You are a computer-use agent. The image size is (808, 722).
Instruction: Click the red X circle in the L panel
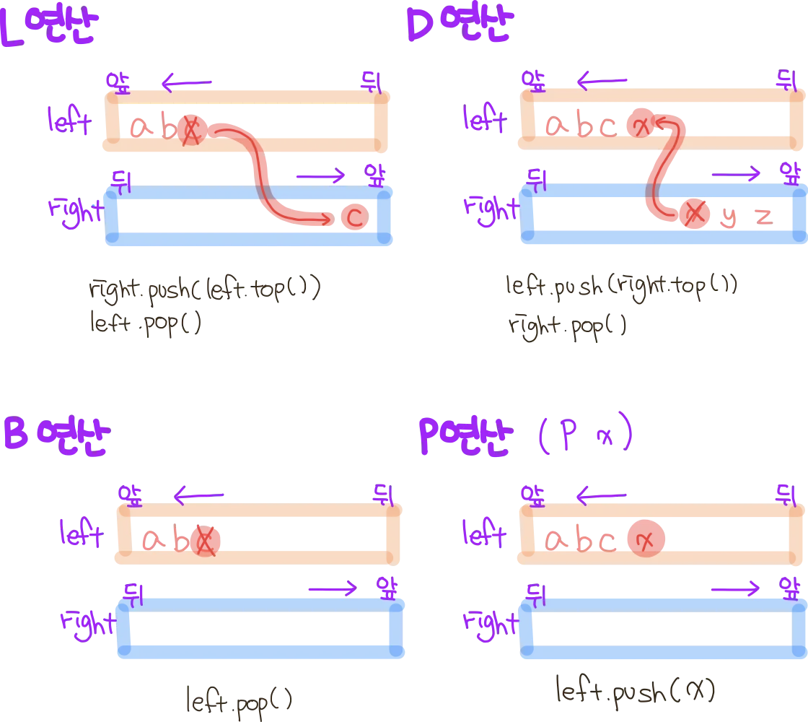tap(191, 130)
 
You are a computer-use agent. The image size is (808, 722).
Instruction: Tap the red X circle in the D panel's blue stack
tap(693, 212)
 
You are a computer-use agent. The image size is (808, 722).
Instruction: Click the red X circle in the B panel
tap(207, 539)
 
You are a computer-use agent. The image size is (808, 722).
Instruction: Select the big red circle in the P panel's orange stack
tap(645, 539)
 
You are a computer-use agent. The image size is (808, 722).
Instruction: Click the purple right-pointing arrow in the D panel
tap(735, 173)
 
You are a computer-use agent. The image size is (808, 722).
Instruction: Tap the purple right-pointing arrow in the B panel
tap(332, 589)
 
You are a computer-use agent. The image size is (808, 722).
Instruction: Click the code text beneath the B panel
tap(238, 698)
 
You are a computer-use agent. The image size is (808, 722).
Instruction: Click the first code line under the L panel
tap(206, 290)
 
